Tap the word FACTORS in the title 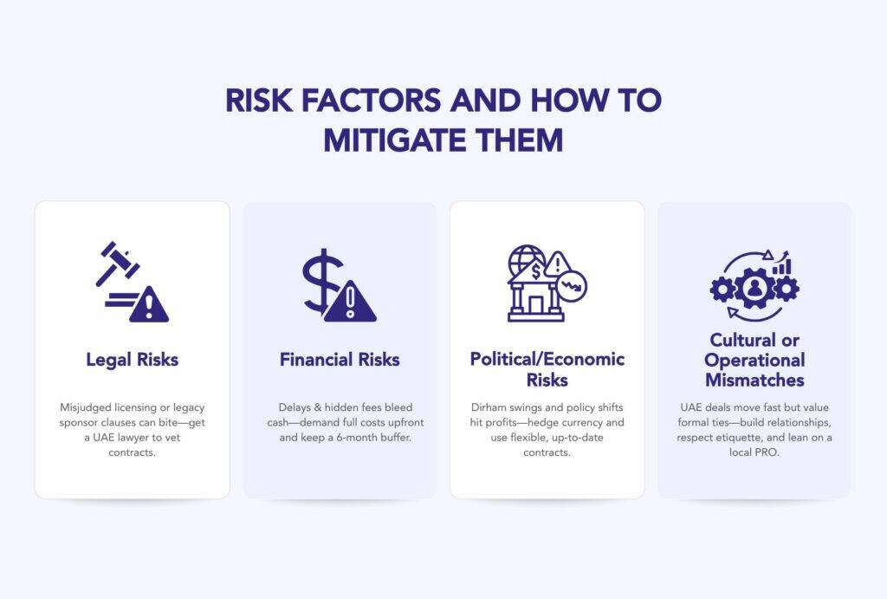click(x=371, y=101)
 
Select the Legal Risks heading click(x=133, y=360)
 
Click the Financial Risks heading click(x=340, y=360)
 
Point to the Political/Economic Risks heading click(x=547, y=369)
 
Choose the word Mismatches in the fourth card click(x=754, y=380)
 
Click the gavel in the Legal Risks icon click(x=117, y=263)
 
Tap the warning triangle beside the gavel click(x=149, y=304)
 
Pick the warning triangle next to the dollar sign click(x=350, y=303)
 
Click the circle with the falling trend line click(x=572, y=286)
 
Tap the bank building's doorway click(x=535, y=305)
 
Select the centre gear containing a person click(x=754, y=288)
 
